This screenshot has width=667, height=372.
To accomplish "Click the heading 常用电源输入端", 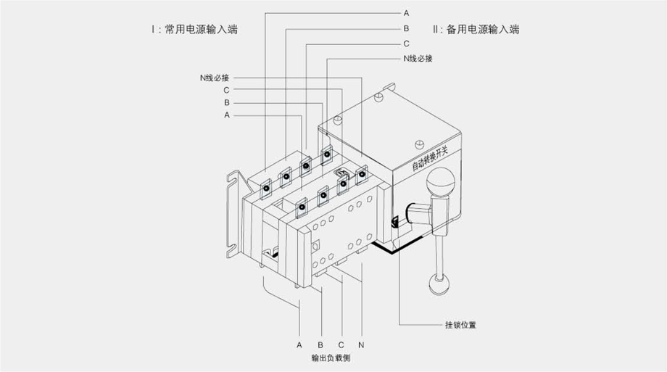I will tap(201, 30).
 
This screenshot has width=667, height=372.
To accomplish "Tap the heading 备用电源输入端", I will tap(482, 30).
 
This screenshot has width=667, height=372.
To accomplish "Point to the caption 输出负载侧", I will tap(331, 358).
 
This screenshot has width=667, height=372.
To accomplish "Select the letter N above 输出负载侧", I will tap(361, 343).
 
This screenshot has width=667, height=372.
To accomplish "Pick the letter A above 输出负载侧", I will tap(299, 343).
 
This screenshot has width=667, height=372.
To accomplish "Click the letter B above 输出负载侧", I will tap(320, 343).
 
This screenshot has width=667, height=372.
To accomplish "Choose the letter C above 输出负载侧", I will tap(341, 343).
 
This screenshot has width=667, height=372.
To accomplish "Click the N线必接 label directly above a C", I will tap(214, 77).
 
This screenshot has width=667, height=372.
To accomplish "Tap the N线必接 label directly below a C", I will tap(418, 59).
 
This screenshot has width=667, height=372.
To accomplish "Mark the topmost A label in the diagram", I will tap(406, 13).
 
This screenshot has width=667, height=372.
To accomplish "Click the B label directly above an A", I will tap(226, 103).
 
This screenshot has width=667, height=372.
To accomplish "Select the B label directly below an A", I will tap(406, 28).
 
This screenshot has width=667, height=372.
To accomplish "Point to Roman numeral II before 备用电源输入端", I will tap(436, 30).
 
